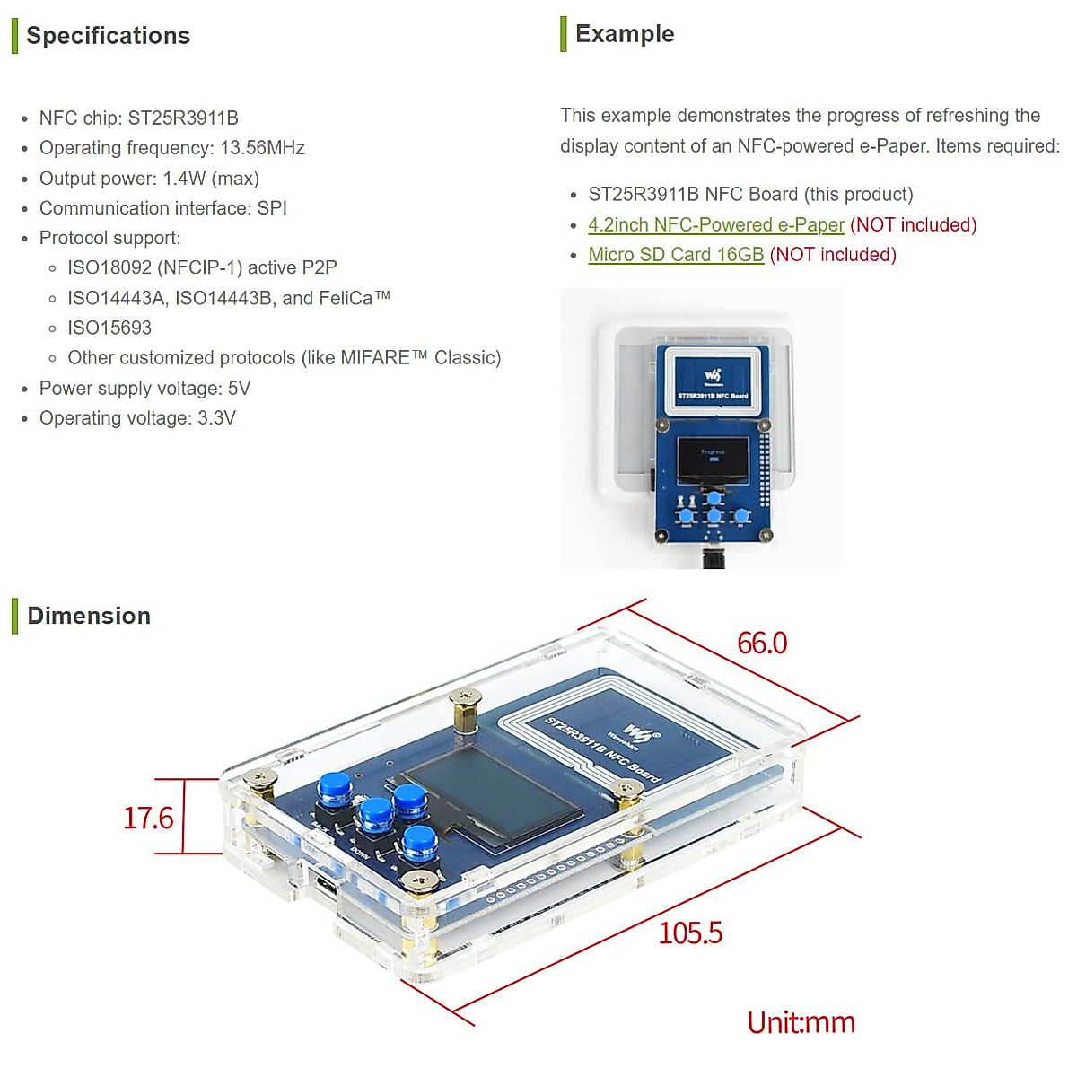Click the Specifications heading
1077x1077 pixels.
click(108, 36)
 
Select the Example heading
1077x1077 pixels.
click(625, 34)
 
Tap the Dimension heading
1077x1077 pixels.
click(89, 616)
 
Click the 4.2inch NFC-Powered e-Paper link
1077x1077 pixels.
click(716, 224)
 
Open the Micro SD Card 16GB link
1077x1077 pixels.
click(676, 255)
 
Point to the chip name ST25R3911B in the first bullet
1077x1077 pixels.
click(183, 118)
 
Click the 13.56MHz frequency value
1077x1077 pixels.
click(262, 148)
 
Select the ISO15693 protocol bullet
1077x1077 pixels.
click(109, 328)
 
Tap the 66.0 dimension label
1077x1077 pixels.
click(762, 643)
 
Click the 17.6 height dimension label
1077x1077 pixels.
click(148, 818)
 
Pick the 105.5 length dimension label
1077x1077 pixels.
click(690, 933)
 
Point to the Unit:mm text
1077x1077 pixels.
click(801, 1022)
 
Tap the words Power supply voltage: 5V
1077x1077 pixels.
click(144, 389)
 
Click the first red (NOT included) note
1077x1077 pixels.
click(913, 224)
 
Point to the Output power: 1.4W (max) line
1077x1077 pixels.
click(149, 179)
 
